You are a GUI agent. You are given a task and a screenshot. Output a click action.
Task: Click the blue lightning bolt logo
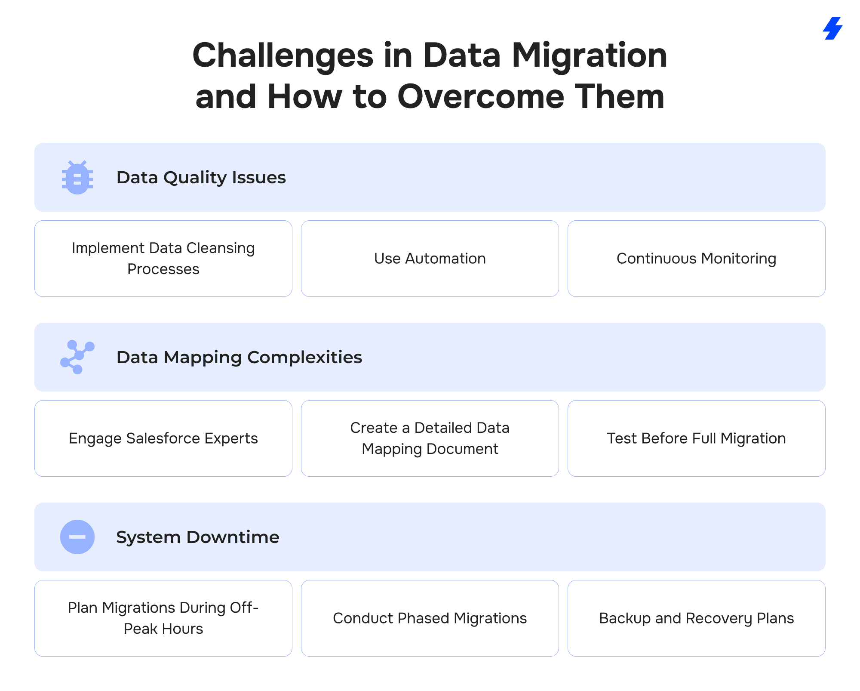(x=832, y=28)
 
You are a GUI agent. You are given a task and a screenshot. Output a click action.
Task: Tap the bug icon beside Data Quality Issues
(x=77, y=177)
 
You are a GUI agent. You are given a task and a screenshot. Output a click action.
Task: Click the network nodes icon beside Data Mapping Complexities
(x=77, y=357)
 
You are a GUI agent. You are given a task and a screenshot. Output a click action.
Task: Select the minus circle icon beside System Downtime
(x=77, y=537)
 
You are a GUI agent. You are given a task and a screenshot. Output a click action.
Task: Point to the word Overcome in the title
(x=481, y=97)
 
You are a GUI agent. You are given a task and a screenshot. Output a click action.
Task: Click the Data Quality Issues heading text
(x=201, y=177)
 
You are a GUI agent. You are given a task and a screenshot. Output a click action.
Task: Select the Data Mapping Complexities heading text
(x=239, y=357)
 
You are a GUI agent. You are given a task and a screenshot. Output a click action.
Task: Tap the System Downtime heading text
(x=198, y=537)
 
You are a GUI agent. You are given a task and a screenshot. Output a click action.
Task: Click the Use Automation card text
(x=430, y=259)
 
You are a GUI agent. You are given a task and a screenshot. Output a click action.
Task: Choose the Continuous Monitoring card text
(x=697, y=259)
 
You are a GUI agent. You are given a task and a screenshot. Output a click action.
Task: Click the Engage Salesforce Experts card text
(x=163, y=438)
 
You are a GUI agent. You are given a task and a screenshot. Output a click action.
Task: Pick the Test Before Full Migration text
(x=697, y=438)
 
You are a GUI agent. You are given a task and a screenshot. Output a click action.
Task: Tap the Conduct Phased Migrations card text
(x=430, y=618)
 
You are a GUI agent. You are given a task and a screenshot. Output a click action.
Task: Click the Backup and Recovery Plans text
(x=697, y=618)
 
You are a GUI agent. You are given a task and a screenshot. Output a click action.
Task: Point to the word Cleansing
(x=221, y=248)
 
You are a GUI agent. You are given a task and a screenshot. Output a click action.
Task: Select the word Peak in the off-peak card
(x=141, y=629)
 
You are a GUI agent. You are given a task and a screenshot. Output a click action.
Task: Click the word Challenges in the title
(x=283, y=56)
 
